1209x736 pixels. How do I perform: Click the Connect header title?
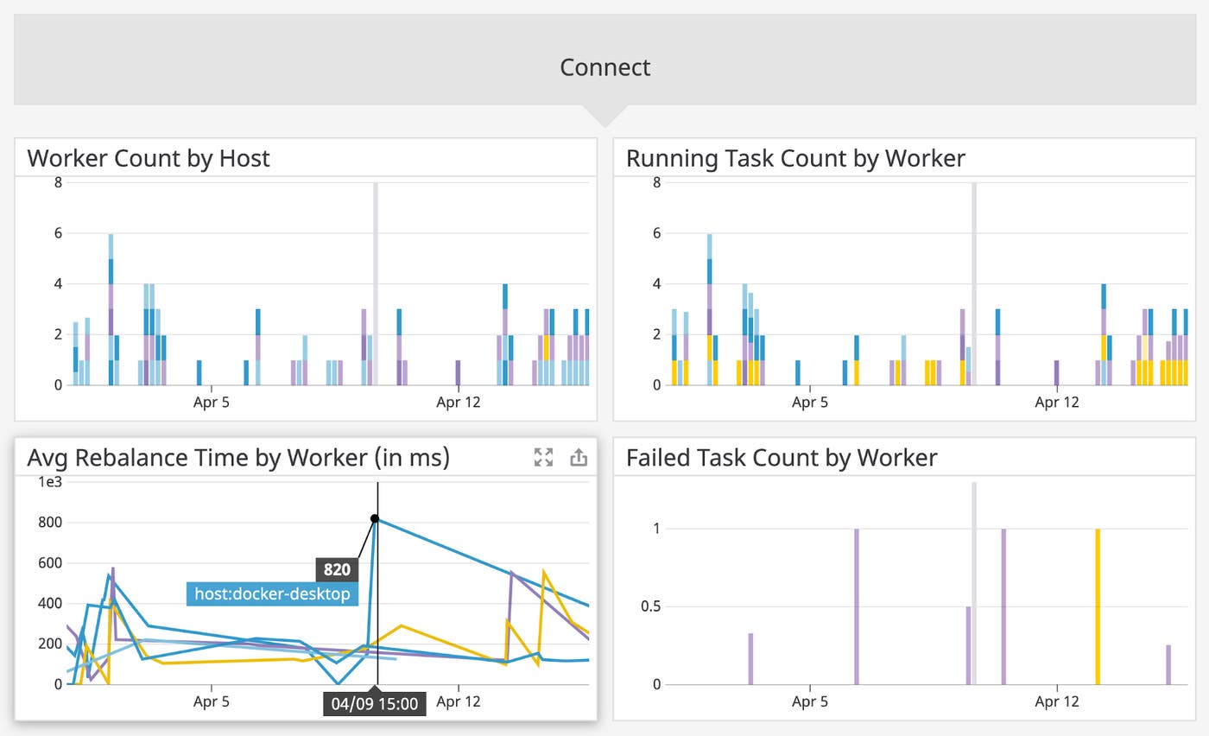click(604, 67)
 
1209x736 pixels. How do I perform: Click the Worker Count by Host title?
click(149, 158)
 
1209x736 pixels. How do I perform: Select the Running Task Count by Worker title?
click(795, 158)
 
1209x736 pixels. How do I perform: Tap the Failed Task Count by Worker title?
click(781, 457)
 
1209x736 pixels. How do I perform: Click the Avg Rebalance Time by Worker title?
click(238, 457)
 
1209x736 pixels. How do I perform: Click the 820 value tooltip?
click(337, 569)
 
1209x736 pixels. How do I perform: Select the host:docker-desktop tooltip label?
click(272, 593)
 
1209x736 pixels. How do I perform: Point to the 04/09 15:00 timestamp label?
click(375, 703)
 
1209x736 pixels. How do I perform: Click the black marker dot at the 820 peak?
click(375, 518)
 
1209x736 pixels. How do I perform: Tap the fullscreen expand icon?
click(543, 458)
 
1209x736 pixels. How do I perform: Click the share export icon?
click(579, 458)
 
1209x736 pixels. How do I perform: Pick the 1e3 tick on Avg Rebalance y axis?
click(50, 481)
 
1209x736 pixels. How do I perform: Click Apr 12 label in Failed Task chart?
click(1057, 701)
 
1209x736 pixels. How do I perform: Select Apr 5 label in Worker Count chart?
click(212, 402)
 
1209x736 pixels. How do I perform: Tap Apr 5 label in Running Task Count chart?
click(810, 402)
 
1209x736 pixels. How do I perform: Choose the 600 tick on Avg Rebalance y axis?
click(51, 562)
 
